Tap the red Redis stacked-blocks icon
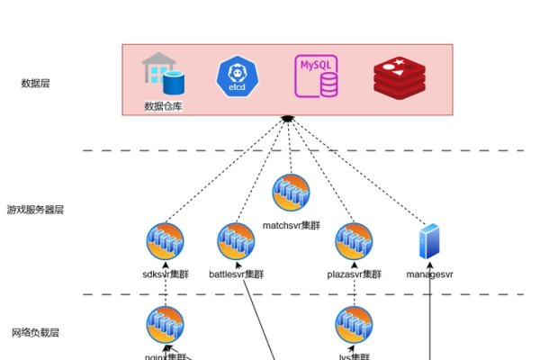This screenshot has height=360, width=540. point(398,77)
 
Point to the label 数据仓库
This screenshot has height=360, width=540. point(163,106)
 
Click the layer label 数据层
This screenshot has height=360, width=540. point(35,84)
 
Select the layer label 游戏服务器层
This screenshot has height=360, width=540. point(35,210)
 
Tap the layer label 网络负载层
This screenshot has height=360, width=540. point(35,333)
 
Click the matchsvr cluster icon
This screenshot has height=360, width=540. point(291,193)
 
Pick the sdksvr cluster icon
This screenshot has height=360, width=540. point(165,241)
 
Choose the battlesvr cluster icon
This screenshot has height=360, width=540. point(236,241)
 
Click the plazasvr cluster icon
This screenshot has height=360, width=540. point(354,241)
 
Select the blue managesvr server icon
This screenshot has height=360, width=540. point(429,242)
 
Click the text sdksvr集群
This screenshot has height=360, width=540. point(165,274)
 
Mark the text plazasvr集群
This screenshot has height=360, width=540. point(355,274)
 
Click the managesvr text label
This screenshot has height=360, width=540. point(429,274)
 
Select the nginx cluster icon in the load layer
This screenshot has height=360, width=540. point(165,326)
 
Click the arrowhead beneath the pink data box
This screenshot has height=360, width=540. point(287,118)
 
